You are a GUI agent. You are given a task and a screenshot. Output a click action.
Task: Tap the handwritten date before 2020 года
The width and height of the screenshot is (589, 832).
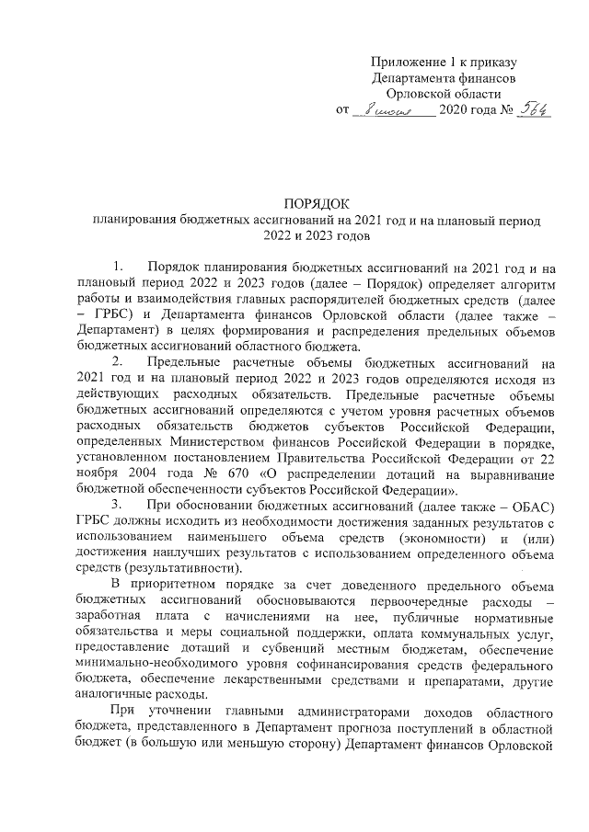[x=393, y=111]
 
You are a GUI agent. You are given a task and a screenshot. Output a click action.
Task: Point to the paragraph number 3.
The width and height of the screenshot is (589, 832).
[x=115, y=506]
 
